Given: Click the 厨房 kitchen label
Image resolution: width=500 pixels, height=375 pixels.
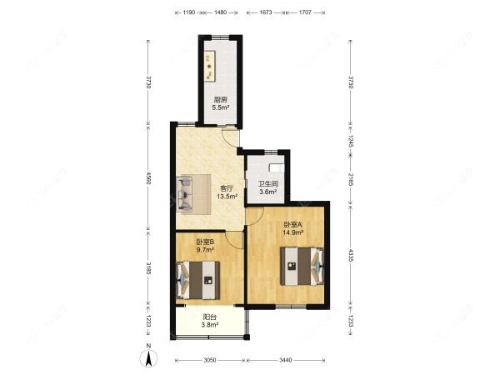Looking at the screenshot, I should [220, 100].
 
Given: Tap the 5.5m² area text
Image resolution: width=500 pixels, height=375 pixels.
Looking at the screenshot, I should [220, 107].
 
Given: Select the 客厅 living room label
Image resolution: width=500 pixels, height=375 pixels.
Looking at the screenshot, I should [226, 188].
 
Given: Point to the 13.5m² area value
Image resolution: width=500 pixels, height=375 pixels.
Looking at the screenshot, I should [227, 197].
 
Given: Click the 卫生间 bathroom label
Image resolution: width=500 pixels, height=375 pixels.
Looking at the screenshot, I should [267, 184].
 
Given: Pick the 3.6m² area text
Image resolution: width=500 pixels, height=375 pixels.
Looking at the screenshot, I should [267, 192].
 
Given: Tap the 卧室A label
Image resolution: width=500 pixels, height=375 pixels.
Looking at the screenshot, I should [292, 224].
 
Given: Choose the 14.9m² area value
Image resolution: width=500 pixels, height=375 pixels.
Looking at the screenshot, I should [293, 232].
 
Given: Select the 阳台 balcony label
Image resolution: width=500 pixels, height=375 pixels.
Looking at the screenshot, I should [210, 317].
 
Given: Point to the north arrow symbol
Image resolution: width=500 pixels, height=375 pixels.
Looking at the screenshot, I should [148, 359].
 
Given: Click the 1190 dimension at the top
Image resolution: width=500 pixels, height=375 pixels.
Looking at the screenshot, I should [187, 13].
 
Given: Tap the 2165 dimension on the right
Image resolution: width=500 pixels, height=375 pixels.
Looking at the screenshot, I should [352, 178].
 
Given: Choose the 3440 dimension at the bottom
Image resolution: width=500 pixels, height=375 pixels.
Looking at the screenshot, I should [286, 360].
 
